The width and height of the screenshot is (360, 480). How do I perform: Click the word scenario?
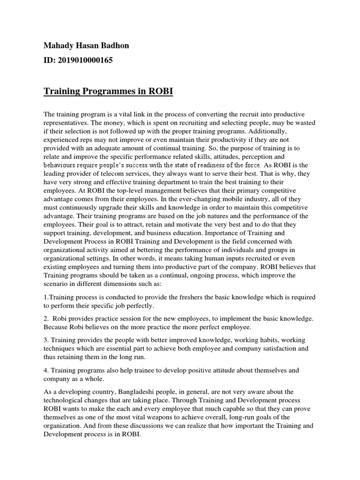(59, 284)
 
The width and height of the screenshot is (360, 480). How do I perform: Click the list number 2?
(46, 318)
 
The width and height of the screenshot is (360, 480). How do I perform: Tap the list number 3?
(46, 339)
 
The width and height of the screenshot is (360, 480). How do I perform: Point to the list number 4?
(46, 370)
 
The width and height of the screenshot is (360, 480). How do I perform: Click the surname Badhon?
(117, 45)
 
